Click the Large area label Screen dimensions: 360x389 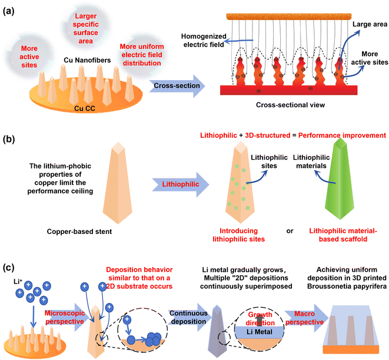(x=367, y=26)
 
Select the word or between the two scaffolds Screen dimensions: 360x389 (x=290, y=230)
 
